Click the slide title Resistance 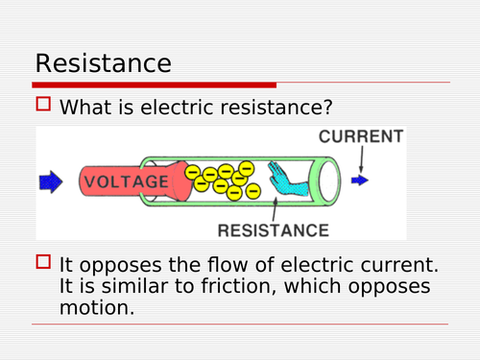(x=103, y=63)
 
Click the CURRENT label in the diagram (x=360, y=136)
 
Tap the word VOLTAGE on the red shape (x=126, y=180)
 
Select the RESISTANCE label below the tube (x=274, y=229)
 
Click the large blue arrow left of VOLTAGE (x=51, y=180)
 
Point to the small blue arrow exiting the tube (x=359, y=180)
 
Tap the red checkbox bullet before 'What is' (x=42, y=107)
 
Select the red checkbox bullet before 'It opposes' (x=42, y=262)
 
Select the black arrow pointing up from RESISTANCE (x=277, y=206)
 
